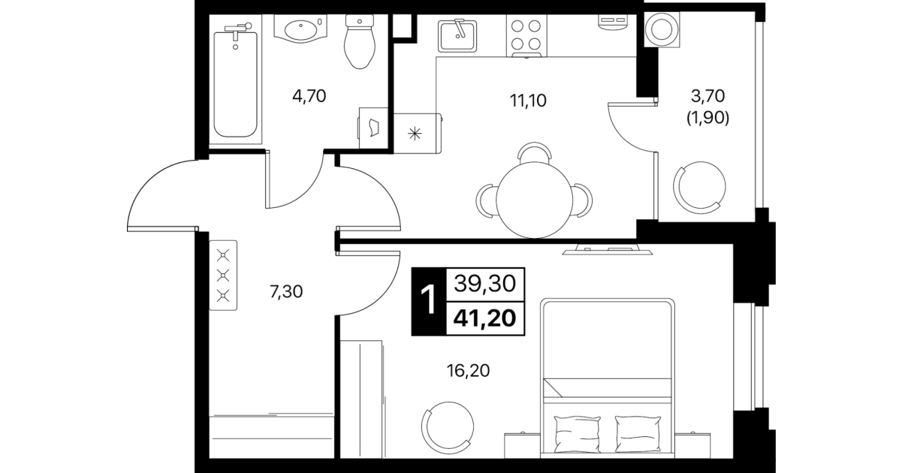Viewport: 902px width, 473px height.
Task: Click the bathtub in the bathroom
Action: [x=235, y=85]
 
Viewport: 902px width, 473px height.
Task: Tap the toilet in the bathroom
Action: [x=360, y=41]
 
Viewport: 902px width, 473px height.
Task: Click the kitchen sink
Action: [x=457, y=36]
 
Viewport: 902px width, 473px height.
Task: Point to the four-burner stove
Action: [x=526, y=35]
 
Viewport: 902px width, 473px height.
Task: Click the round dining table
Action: [x=534, y=200]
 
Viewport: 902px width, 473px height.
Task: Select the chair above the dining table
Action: [x=534, y=152]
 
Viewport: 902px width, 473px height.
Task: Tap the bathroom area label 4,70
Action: [x=309, y=96]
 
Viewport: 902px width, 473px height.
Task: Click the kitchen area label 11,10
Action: [x=528, y=101]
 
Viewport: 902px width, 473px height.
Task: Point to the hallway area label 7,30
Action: [x=286, y=292]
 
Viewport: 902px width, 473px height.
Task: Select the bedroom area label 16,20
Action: [x=468, y=370]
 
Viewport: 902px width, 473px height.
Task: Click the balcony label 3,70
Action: [x=707, y=96]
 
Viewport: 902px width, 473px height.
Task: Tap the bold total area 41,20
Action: [x=485, y=319]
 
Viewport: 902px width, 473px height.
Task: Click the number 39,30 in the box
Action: [x=485, y=284]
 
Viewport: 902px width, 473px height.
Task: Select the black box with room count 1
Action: [x=429, y=302]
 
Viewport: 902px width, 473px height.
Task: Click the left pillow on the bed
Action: [x=577, y=435]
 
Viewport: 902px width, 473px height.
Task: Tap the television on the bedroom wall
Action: [x=608, y=249]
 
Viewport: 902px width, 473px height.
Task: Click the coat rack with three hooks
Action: [x=223, y=276]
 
